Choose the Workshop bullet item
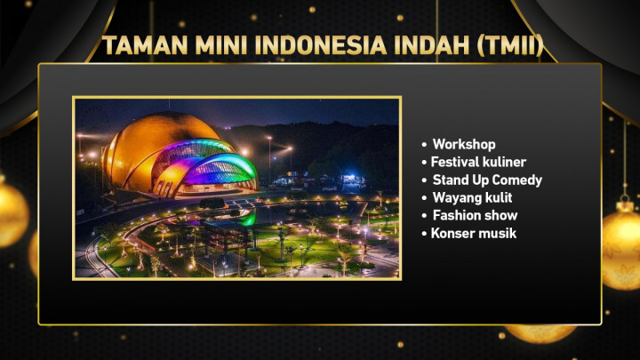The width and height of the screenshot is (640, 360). coord(463,144)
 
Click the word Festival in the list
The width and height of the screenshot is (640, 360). coord(455,162)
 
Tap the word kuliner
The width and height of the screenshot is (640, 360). coord(504,162)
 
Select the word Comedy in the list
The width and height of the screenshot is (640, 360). coord(516,180)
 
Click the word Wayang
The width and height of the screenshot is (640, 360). coord(456,197)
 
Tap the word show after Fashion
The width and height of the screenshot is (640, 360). coord(500,215)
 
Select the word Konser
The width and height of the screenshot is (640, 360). coord(452,233)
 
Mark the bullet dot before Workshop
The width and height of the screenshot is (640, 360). coord(425,145)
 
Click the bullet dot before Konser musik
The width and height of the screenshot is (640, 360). coord(425,234)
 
